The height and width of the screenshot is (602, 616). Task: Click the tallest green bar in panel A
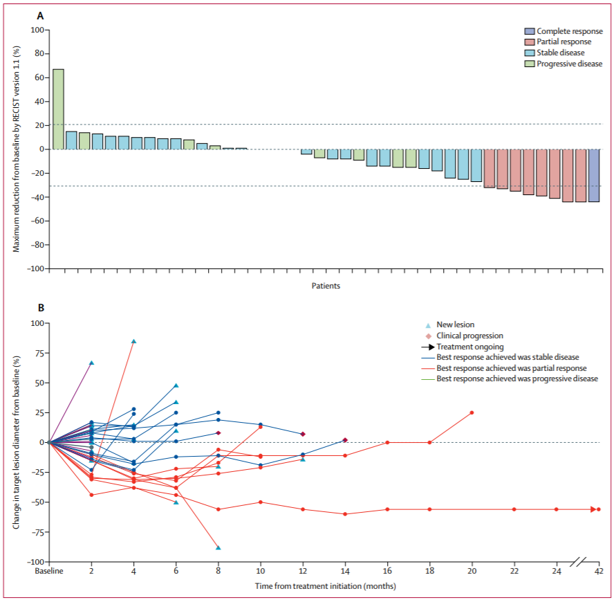[x=58, y=109]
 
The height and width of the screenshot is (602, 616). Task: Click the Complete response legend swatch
[x=529, y=32]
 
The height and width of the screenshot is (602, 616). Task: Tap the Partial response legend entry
[x=563, y=42]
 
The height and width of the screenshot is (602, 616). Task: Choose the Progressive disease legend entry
[x=570, y=64]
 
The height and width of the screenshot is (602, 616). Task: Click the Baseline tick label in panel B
[x=49, y=572]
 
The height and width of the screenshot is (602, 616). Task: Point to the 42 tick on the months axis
[x=599, y=572]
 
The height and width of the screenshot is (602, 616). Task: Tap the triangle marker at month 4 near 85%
[x=133, y=341]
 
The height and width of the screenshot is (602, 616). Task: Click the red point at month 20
[x=472, y=412]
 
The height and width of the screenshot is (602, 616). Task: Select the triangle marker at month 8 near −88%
[x=218, y=547]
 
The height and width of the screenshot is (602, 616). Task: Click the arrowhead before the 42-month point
[x=592, y=509]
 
